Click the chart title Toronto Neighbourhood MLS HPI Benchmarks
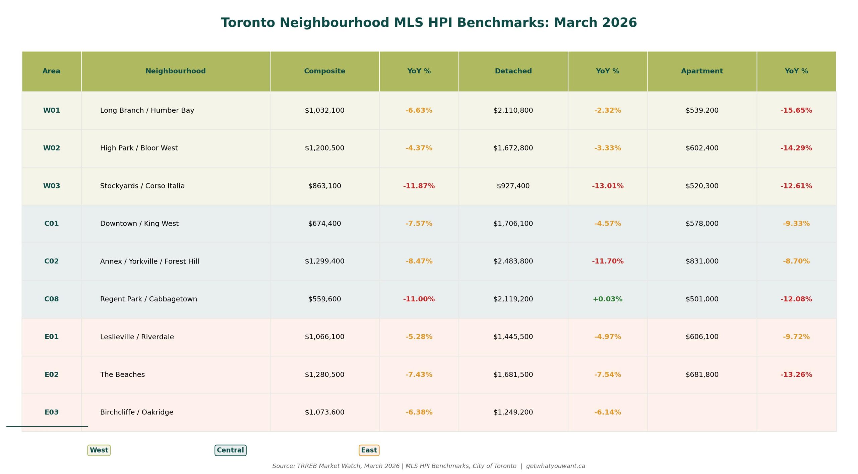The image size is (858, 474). [x=429, y=23]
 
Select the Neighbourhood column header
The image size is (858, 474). [x=175, y=71]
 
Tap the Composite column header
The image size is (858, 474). [x=324, y=71]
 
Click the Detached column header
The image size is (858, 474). [x=513, y=71]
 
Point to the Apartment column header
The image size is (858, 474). [x=702, y=71]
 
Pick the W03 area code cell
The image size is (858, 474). [x=52, y=186]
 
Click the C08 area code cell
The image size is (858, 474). [x=52, y=299]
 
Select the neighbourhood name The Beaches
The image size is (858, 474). [x=122, y=374]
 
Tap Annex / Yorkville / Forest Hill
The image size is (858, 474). [x=149, y=261]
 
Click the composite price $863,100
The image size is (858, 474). [x=324, y=186]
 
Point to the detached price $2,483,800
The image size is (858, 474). [x=513, y=261]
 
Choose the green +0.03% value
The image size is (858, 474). [x=607, y=299]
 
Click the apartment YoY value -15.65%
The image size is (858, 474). [x=796, y=110]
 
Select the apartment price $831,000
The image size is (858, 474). [x=702, y=261]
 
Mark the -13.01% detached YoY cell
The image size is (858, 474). [x=607, y=186]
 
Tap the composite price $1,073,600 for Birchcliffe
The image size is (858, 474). [x=324, y=412]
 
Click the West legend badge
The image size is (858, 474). [x=99, y=450]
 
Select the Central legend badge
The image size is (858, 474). [x=230, y=450]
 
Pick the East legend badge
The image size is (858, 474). [x=369, y=450]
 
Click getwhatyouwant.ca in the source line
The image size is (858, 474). [x=555, y=466]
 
